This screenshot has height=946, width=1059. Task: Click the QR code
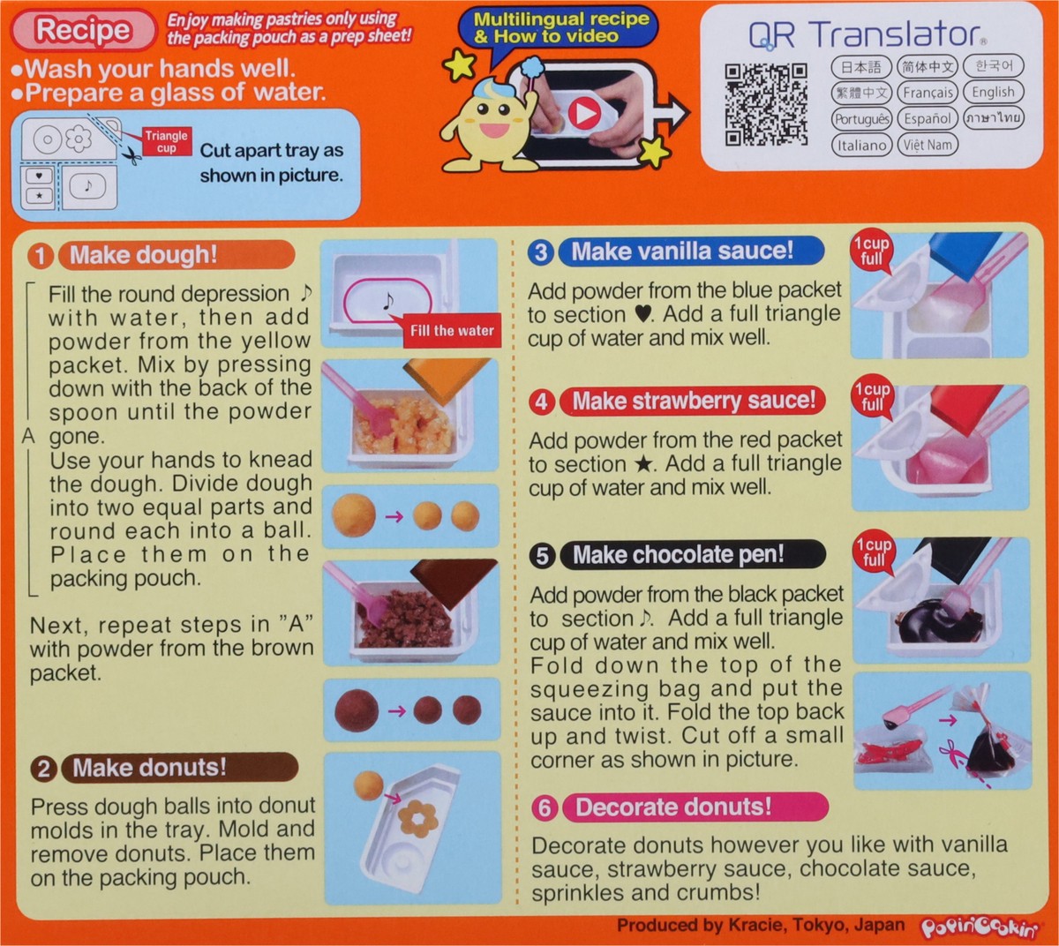click(x=766, y=104)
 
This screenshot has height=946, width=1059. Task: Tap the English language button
click(x=993, y=92)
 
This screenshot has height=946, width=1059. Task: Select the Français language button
click(x=928, y=92)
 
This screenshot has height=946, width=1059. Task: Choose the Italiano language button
click(x=860, y=145)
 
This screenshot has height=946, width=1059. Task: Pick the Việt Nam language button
click(x=928, y=145)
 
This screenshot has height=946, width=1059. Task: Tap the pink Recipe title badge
click(x=83, y=31)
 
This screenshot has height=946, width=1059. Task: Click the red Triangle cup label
click(x=166, y=142)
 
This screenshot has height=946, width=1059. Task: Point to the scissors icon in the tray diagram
click(x=131, y=156)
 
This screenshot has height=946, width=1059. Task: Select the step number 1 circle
click(x=41, y=256)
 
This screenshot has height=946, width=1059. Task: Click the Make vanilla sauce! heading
click(x=682, y=252)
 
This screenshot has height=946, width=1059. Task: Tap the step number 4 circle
click(x=541, y=402)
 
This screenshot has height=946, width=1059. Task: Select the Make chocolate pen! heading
click(x=678, y=555)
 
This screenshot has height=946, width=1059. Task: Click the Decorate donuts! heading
click(x=673, y=807)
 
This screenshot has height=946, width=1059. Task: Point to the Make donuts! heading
click(x=149, y=768)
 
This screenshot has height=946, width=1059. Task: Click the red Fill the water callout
click(x=451, y=331)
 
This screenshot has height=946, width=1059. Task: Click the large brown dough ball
click(x=356, y=710)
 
